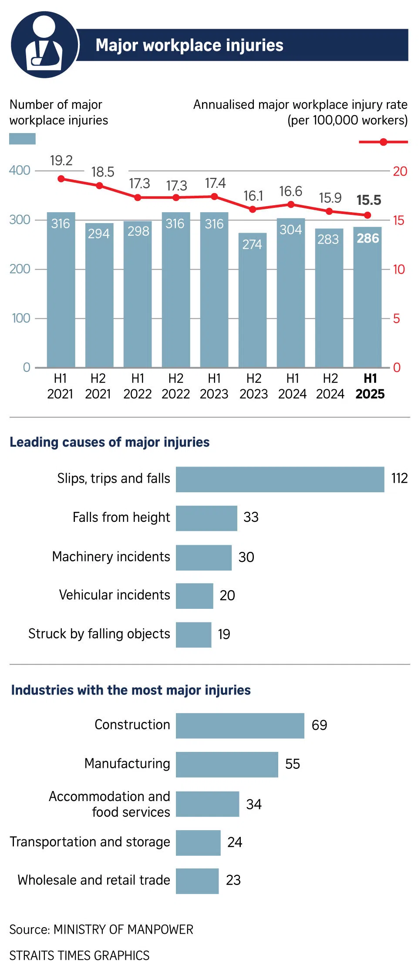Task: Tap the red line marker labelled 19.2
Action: [61, 179]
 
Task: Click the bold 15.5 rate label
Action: [368, 200]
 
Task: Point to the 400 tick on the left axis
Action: [20, 170]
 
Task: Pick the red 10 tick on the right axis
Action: [398, 270]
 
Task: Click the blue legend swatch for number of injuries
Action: [22, 139]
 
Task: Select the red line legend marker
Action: [383, 142]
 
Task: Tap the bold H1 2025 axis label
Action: [370, 386]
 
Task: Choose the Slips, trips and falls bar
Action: [280, 479]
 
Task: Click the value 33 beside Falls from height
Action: [251, 518]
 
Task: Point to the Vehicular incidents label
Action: [115, 595]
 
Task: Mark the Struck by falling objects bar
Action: [193, 634]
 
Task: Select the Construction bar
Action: [240, 725]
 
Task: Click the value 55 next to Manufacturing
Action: [292, 764]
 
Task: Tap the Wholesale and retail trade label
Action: [94, 880]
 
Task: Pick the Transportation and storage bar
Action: [198, 842]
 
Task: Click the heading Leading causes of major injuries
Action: [110, 442]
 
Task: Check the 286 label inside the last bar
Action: [368, 238]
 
